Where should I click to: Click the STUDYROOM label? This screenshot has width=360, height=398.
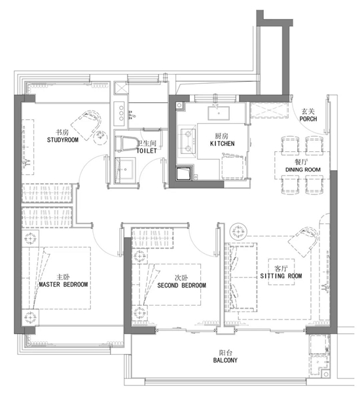click(x=63, y=139)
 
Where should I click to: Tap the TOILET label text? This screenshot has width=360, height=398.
click(x=147, y=151)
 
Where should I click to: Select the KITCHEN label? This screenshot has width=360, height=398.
click(x=222, y=143)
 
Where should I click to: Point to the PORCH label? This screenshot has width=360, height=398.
click(x=308, y=118)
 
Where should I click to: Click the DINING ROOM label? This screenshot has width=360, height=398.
click(x=303, y=170)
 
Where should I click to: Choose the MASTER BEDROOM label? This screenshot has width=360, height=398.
click(x=63, y=284)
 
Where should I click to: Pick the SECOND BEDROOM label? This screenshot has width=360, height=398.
click(x=181, y=285)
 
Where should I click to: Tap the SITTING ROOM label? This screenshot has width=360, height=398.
click(x=281, y=276)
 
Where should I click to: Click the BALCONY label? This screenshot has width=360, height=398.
click(x=225, y=360)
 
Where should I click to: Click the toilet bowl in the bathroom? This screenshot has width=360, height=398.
click(x=126, y=144)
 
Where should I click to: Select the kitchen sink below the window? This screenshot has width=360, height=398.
click(x=219, y=113)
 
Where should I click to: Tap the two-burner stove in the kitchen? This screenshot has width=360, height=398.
click(x=188, y=141)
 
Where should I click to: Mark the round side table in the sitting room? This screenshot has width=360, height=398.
click(x=238, y=232)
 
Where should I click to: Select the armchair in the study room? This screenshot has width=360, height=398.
click(x=86, y=124)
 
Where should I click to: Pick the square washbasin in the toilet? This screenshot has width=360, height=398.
click(x=125, y=169)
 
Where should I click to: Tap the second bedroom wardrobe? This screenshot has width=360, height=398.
click(x=153, y=238)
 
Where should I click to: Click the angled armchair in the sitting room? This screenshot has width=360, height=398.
click(x=304, y=242)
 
